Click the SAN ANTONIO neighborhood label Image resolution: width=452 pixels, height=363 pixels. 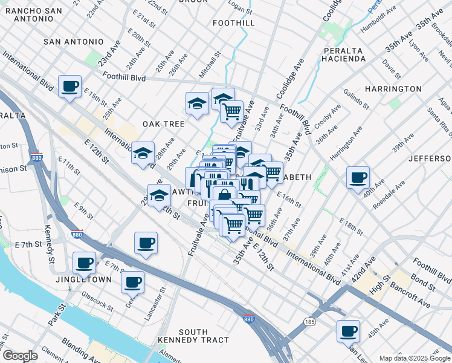point(74,42)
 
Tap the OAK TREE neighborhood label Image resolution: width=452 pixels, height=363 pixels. point(163,124)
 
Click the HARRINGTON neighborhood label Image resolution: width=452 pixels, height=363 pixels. point(393,89)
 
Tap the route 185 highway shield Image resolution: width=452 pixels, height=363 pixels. point(310,321)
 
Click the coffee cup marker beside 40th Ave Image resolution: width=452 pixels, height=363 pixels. point(358,177)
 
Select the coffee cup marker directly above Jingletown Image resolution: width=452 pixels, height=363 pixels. point(84,263)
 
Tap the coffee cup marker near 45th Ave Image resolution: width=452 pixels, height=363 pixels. point(348,331)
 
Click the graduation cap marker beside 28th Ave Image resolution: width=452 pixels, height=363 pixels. point(143,153)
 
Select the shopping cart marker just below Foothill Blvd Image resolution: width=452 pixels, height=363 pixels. point(231,111)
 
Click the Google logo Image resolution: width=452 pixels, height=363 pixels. point(20,356)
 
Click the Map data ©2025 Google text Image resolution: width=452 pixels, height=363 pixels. point(414,358)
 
